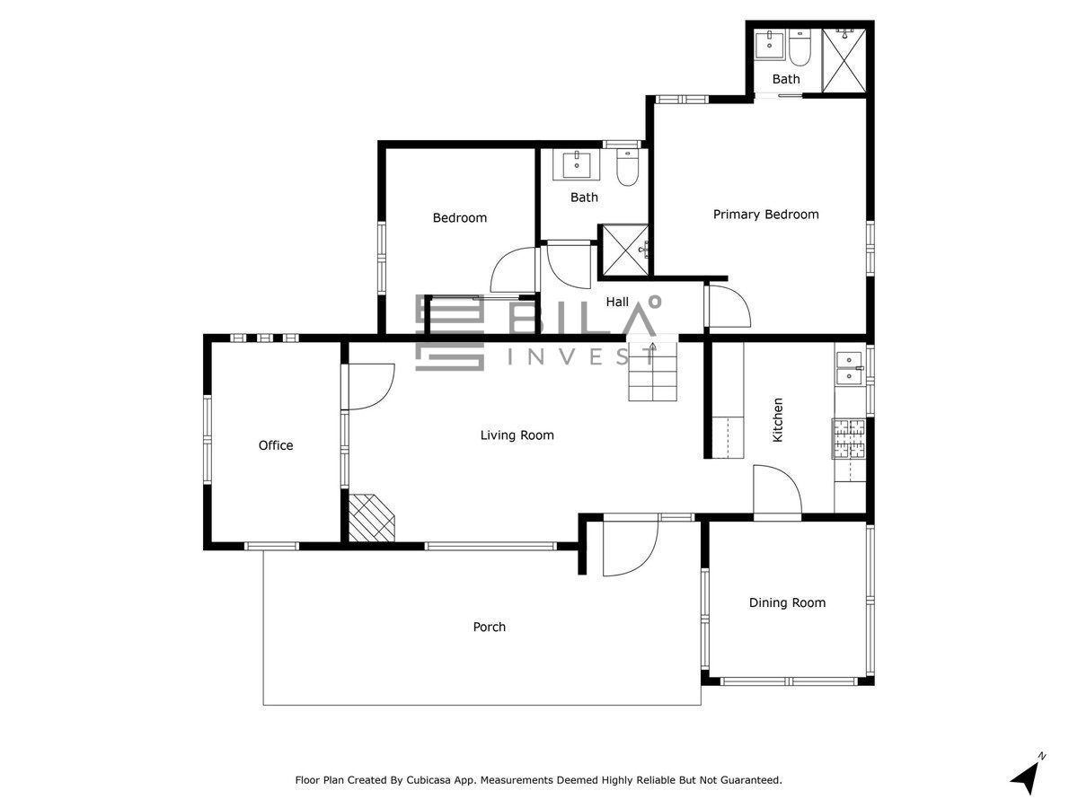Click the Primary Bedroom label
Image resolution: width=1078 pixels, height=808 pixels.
click(x=765, y=215)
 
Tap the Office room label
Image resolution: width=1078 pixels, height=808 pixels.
click(x=276, y=445)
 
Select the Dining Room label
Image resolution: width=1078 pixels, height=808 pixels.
click(x=787, y=602)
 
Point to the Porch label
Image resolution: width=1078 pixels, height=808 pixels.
click(x=490, y=627)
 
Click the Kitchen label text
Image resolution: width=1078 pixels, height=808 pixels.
click(x=777, y=419)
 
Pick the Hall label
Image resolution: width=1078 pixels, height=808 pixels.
click(x=617, y=302)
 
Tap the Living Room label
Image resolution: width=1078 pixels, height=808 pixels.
click(x=517, y=435)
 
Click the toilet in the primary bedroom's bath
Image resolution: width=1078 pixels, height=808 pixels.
click(x=800, y=48)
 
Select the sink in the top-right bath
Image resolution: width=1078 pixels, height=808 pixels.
click(x=770, y=44)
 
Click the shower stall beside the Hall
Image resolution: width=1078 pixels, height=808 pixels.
click(x=625, y=250)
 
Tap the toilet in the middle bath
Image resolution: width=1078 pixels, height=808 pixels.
click(x=627, y=167)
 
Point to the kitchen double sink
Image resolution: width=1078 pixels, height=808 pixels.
click(x=849, y=367)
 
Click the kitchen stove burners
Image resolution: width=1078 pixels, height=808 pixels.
click(x=849, y=439)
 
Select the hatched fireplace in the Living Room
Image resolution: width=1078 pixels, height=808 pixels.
click(x=371, y=518)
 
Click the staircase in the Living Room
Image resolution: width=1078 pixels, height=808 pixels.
click(x=653, y=372)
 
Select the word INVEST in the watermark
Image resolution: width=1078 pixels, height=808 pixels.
click(x=581, y=357)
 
